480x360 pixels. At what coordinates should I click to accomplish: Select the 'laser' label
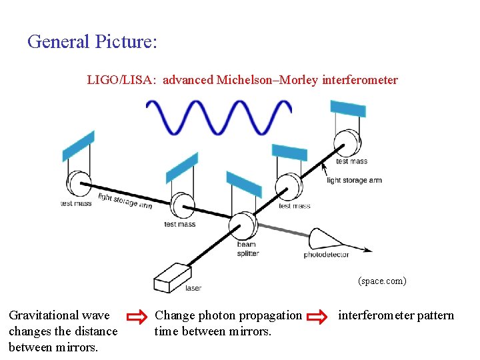(193, 288)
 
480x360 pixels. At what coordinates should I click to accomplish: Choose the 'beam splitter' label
(247, 249)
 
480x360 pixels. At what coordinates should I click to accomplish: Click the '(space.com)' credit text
(382, 281)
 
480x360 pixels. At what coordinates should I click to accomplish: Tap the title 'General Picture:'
(92, 42)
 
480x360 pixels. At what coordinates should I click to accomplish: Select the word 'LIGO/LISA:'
(122, 81)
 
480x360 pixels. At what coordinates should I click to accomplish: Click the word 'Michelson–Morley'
(267, 81)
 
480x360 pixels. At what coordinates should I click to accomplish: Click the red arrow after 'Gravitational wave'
(136, 315)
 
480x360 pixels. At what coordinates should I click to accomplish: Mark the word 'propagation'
(265, 315)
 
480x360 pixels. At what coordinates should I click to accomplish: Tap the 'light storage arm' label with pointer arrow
(354, 180)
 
